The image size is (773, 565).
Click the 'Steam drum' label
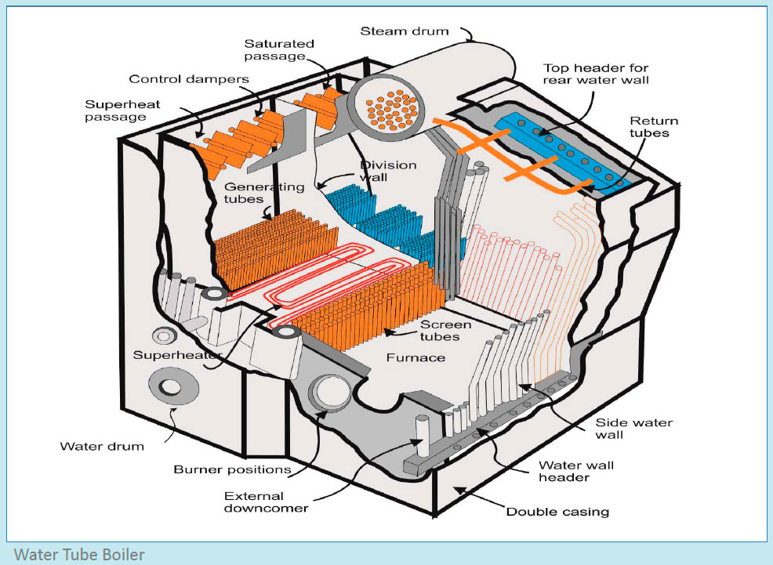[x=405, y=31]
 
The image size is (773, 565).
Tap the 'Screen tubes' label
[x=445, y=331]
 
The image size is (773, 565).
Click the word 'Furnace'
[x=416, y=357]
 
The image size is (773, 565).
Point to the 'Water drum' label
[x=102, y=447]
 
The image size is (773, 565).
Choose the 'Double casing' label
[x=557, y=512]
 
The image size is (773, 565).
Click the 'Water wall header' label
[x=575, y=472]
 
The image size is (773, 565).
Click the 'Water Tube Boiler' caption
[x=79, y=554]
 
